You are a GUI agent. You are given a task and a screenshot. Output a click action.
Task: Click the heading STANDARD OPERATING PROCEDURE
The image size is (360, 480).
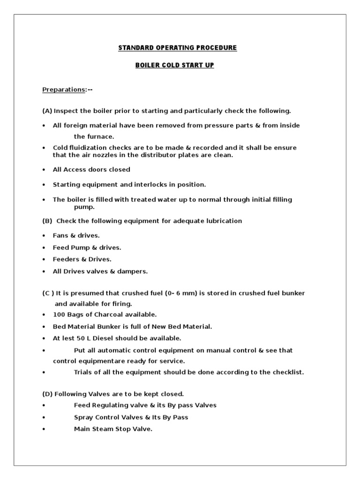pyautogui.click(x=177, y=48)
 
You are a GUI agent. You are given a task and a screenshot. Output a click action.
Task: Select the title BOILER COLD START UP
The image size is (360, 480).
pyautogui.click(x=174, y=65)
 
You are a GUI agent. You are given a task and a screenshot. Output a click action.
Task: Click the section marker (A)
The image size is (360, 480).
pyautogui.click(x=47, y=111)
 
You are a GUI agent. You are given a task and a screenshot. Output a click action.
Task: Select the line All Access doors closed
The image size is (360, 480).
pyautogui.click(x=91, y=170)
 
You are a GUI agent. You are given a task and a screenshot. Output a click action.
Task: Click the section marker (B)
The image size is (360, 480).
pyautogui.click(x=47, y=221)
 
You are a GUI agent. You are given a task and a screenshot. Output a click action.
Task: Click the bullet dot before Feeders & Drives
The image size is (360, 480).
pyautogui.click(x=44, y=260)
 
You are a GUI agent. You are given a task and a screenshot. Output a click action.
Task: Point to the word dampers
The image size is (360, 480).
pyautogui.click(x=133, y=271)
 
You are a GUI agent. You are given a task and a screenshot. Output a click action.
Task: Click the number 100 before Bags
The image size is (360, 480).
pyautogui.click(x=59, y=315)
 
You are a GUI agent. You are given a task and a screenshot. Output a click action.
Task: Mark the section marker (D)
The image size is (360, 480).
pyautogui.click(x=47, y=394)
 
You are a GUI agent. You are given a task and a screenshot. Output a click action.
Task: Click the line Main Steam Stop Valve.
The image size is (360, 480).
pyautogui.click(x=113, y=429)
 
